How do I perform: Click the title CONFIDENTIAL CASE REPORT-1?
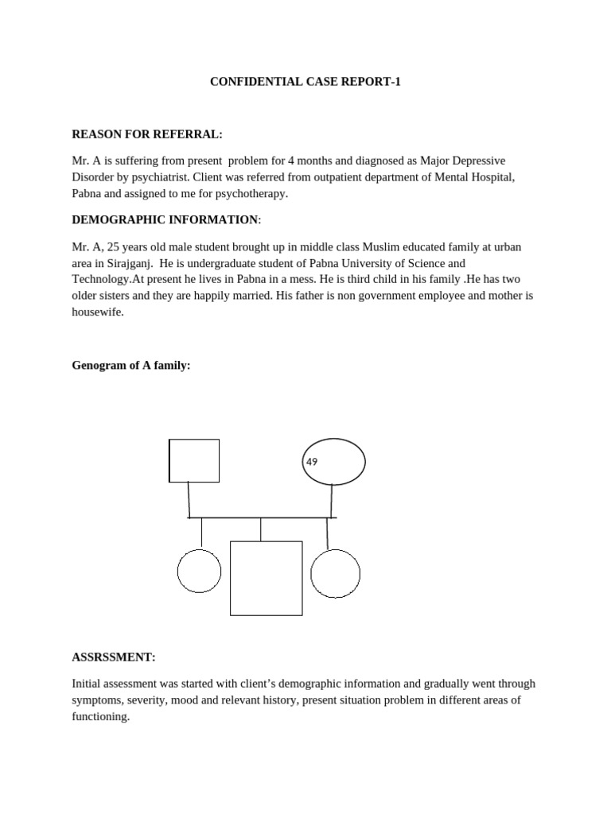[x=305, y=81]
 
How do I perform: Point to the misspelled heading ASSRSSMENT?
[x=113, y=657]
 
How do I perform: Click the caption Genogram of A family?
[x=131, y=365]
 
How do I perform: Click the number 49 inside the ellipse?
[x=312, y=461]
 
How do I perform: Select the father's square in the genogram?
[x=194, y=460]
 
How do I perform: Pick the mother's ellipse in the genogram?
[x=333, y=461]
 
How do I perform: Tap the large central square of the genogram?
[x=266, y=578]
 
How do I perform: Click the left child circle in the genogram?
[x=199, y=570]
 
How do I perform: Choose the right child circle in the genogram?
[x=335, y=573]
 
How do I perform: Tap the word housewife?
[x=98, y=312]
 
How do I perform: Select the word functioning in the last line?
[x=100, y=716]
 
